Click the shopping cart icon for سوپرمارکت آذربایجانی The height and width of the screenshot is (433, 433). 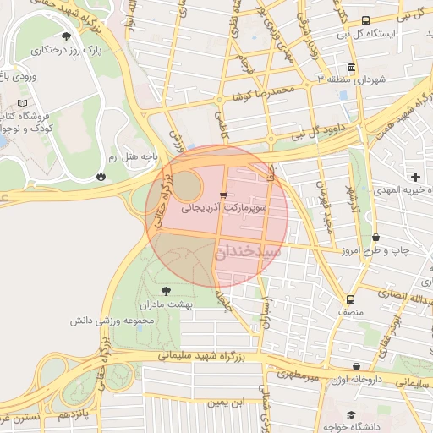point(222,195)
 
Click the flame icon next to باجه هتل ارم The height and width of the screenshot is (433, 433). point(101,176)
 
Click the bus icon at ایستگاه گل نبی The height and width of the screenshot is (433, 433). point(364,20)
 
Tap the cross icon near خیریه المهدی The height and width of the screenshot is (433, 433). point(415,177)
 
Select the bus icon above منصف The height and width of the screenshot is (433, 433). point(350,299)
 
